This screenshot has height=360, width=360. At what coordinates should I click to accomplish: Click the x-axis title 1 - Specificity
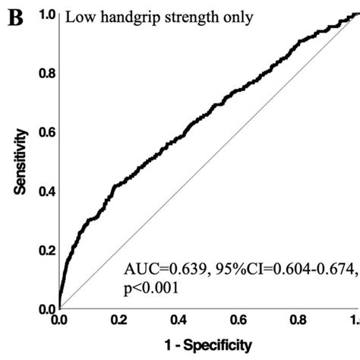tap(204, 346)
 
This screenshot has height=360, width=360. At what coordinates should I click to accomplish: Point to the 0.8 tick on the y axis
tap(46, 74)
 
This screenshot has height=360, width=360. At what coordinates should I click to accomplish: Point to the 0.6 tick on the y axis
tap(46, 132)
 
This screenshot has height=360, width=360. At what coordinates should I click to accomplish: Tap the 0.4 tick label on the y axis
tap(46, 191)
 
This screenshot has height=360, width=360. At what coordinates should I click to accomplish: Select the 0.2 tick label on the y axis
tap(46, 251)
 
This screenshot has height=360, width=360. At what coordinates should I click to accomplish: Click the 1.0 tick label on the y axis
tap(46, 14)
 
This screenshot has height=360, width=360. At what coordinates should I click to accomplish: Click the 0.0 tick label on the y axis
tap(46, 309)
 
